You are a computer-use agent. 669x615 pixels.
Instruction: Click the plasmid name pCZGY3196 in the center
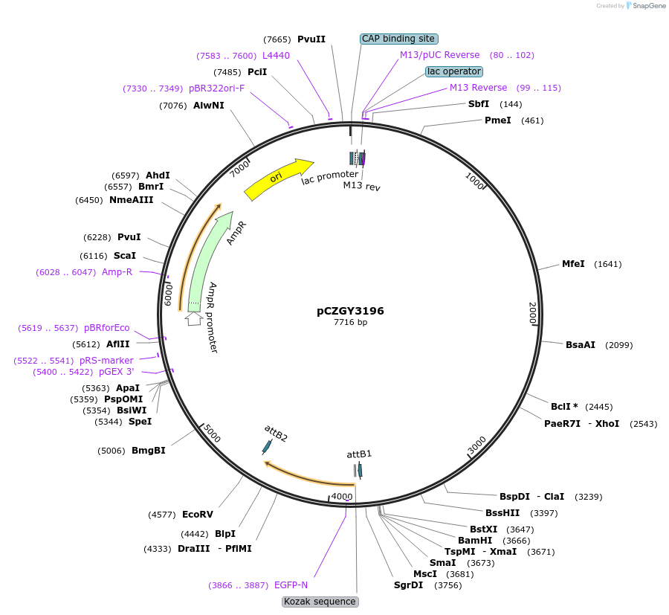tap(350, 311)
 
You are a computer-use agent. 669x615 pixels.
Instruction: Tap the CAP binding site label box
tap(398, 39)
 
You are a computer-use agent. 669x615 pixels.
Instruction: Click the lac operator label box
tap(453, 71)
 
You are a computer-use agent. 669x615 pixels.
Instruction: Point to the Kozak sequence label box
tap(320, 601)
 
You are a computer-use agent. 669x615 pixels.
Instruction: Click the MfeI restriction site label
tap(573, 264)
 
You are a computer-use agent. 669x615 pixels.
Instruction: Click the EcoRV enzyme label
tap(197, 514)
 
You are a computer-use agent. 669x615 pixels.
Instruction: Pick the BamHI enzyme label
tap(474, 540)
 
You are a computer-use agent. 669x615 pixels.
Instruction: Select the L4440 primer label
tap(276, 55)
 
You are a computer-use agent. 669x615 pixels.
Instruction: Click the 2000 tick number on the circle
tap(532, 313)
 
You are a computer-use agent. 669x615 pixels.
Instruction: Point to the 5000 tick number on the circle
tap(212, 434)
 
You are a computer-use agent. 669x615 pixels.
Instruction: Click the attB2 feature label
tap(276, 434)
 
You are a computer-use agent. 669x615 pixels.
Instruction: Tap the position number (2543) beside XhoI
tap(643, 424)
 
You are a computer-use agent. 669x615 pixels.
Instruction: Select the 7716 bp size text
tap(350, 323)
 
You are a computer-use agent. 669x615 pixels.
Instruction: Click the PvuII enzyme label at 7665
tap(311, 39)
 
